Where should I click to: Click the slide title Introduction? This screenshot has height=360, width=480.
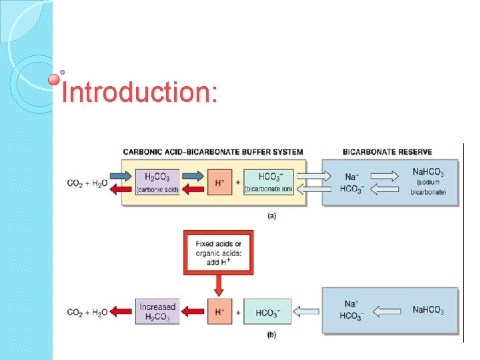139,92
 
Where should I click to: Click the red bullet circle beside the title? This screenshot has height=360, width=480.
55,79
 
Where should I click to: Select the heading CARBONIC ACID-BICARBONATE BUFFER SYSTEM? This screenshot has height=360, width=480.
213,153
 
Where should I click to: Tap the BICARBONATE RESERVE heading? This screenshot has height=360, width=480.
387,153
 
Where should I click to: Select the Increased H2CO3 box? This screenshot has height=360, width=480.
157,312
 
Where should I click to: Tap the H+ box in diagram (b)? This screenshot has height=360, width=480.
218,312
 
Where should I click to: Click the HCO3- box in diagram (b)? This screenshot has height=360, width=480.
267,312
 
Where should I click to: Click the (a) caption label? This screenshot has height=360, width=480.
271,215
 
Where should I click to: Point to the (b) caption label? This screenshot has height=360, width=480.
271,335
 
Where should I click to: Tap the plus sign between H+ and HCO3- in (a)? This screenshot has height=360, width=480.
237,183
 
